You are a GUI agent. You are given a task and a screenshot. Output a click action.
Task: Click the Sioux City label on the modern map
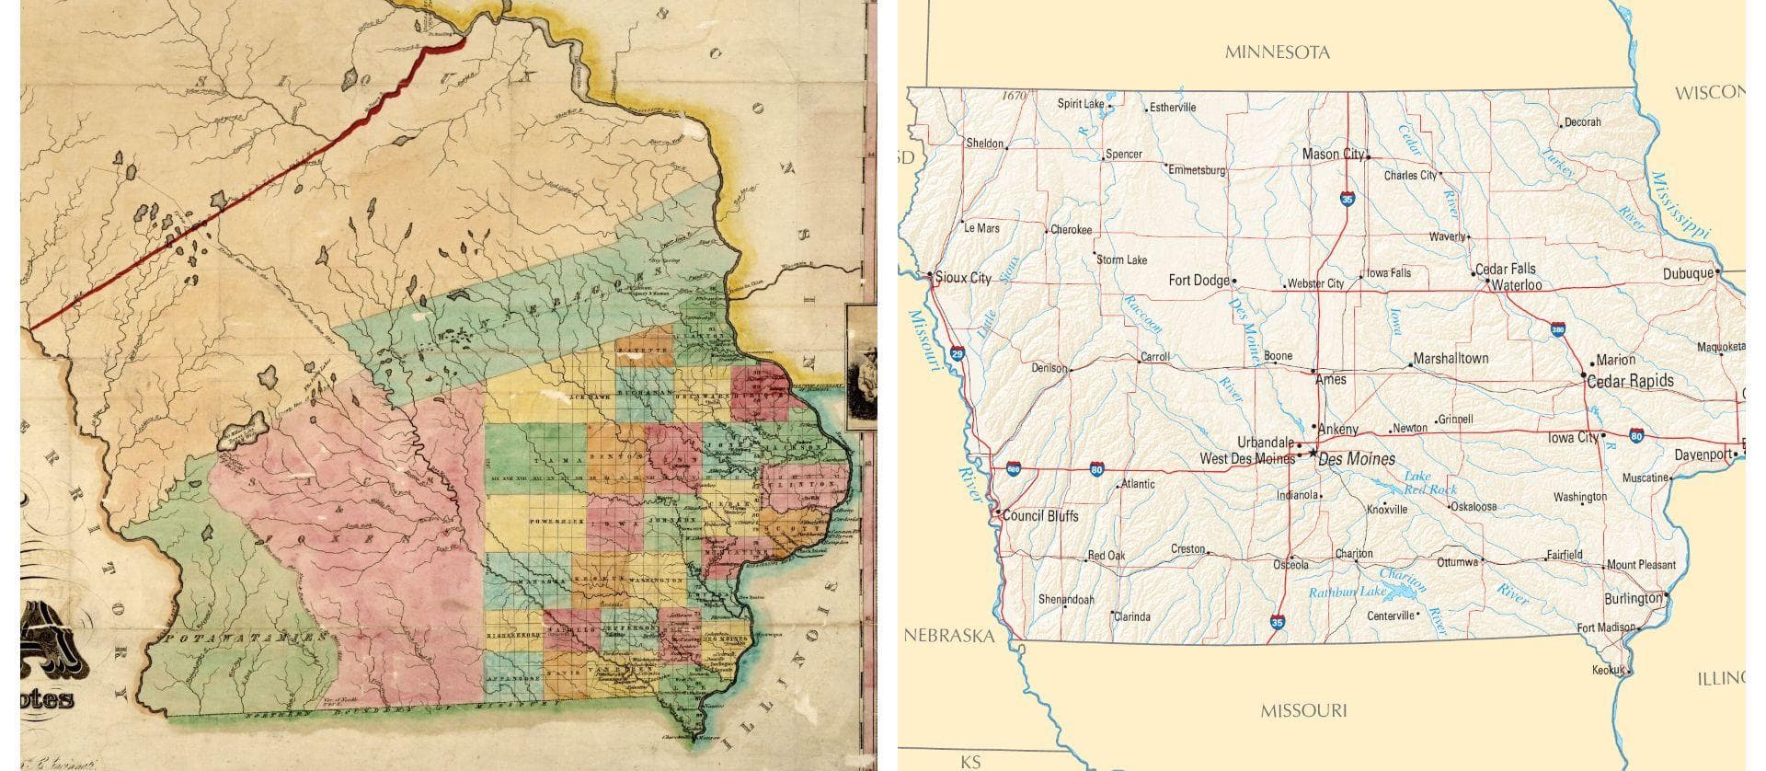(962, 278)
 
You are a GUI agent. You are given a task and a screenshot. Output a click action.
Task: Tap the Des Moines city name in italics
(1357, 459)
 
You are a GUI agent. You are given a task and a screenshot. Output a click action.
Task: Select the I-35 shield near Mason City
(1347, 198)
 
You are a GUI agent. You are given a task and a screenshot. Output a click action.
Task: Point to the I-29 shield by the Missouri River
(957, 352)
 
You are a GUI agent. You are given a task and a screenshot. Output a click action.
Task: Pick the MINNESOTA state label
(1277, 52)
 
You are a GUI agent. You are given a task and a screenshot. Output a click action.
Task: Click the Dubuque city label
(1688, 274)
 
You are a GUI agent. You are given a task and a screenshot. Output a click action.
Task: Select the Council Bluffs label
(1040, 516)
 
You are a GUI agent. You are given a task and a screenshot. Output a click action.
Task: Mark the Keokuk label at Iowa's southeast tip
(1609, 671)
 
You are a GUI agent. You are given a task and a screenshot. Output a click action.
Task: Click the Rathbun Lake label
(1347, 593)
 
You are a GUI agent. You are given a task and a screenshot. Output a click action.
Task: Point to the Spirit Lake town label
(1080, 104)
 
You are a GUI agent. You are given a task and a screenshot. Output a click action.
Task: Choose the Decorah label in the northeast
(1583, 122)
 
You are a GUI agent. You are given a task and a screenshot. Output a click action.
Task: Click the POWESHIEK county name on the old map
(557, 522)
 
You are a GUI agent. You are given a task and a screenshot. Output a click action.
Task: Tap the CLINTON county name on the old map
(808, 483)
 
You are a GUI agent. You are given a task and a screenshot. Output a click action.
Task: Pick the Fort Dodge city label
(1198, 281)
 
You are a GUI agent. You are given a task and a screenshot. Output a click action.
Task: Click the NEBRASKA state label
(948, 636)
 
